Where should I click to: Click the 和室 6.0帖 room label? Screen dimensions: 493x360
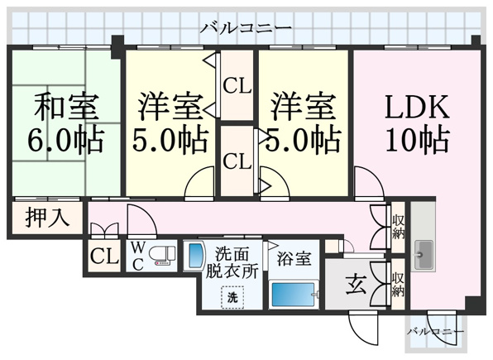click(66, 122)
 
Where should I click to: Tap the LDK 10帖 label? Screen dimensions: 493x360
click(417, 122)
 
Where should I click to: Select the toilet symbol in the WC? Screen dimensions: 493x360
click(161, 254)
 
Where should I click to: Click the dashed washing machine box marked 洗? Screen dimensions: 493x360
click(232, 297)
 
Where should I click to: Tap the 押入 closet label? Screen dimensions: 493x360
click(47, 218)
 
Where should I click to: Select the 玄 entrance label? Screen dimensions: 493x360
click(356, 285)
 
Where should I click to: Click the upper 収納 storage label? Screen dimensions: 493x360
click(398, 227)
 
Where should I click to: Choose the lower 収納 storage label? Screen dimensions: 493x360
click(398, 284)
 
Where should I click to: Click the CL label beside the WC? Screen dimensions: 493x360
click(104, 257)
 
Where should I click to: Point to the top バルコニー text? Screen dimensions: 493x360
click(247, 27)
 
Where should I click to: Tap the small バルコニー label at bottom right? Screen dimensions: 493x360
click(436, 331)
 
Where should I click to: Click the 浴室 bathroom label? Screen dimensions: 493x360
click(294, 259)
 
